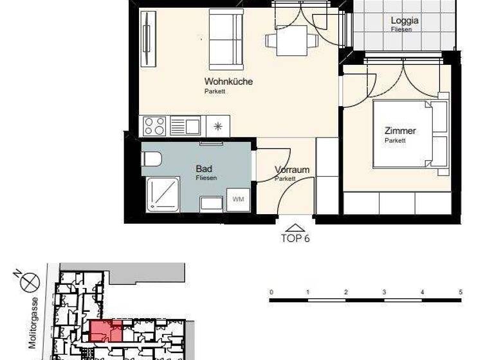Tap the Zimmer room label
click(x=400, y=131)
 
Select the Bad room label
click(x=204, y=168)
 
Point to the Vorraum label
click(x=292, y=170)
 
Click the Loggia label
click(x=405, y=21)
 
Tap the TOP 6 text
click(x=295, y=238)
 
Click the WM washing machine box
click(x=238, y=199)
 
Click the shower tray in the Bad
click(x=165, y=194)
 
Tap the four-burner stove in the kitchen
click(x=154, y=125)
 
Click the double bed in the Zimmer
click(x=410, y=134)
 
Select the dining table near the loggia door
click(x=292, y=40)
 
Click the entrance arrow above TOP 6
click(x=295, y=227)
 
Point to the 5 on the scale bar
click(x=460, y=292)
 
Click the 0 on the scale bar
click(x=271, y=292)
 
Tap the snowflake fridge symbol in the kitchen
click(x=218, y=125)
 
